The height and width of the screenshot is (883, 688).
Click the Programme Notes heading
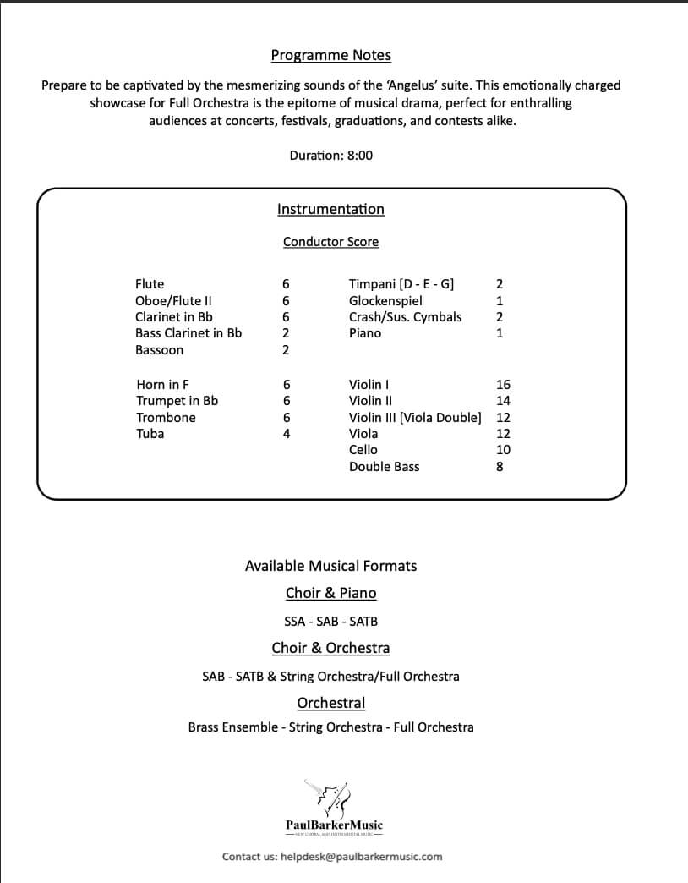pyautogui.click(x=330, y=56)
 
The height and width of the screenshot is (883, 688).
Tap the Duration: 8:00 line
pyautogui.click(x=330, y=156)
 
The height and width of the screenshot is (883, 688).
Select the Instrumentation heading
pyautogui.click(x=330, y=209)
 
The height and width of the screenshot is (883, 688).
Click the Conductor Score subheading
pyautogui.click(x=330, y=242)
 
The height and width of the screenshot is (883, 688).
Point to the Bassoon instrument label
pyautogui.click(x=159, y=350)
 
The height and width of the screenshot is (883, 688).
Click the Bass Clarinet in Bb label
pyautogui.click(x=188, y=333)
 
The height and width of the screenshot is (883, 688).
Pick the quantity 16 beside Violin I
pyautogui.click(x=503, y=385)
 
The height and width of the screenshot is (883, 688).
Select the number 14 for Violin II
pyautogui.click(x=503, y=401)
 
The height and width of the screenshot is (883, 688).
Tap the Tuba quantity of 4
pyautogui.click(x=287, y=434)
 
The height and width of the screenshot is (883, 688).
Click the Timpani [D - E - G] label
pyautogui.click(x=401, y=284)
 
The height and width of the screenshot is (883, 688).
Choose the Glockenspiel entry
pyautogui.click(x=385, y=301)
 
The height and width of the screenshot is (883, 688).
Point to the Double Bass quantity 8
pyautogui.click(x=500, y=467)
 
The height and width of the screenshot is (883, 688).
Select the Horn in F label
pyautogui.click(x=162, y=385)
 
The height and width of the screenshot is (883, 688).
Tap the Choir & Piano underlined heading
pyautogui.click(x=330, y=593)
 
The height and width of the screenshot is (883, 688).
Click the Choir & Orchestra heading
pyautogui.click(x=330, y=648)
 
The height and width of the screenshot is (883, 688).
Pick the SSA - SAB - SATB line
pyautogui.click(x=330, y=622)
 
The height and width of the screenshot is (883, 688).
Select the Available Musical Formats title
pyautogui.click(x=330, y=566)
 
